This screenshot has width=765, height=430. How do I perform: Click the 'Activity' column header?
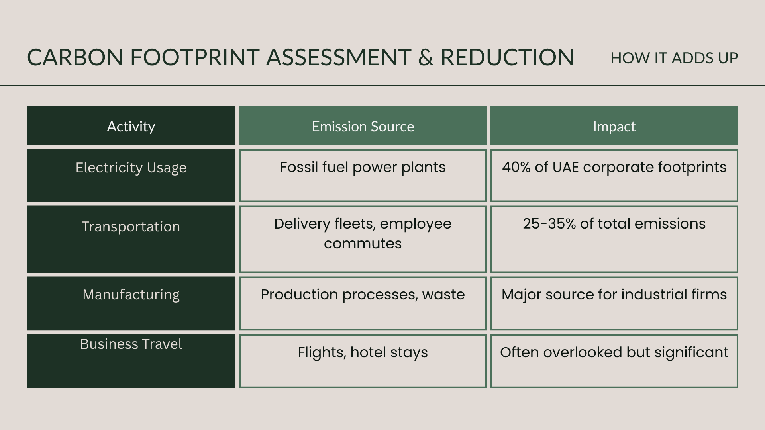[x=131, y=126]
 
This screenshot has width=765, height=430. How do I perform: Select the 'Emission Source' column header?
[x=363, y=126]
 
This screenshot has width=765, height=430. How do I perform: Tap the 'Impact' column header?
[x=614, y=127]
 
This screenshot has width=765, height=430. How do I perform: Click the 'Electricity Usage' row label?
[x=131, y=168]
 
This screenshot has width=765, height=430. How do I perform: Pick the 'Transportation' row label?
[x=131, y=227]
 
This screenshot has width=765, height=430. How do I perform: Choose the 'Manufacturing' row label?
[x=131, y=295]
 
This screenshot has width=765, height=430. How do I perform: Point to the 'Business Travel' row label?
[x=131, y=344]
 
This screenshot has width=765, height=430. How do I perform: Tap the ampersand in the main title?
[x=426, y=57]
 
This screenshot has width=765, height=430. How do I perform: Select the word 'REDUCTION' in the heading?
[x=507, y=57]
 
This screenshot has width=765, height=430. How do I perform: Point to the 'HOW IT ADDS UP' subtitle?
[x=674, y=58]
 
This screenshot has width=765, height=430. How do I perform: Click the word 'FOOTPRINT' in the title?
[x=195, y=57]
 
